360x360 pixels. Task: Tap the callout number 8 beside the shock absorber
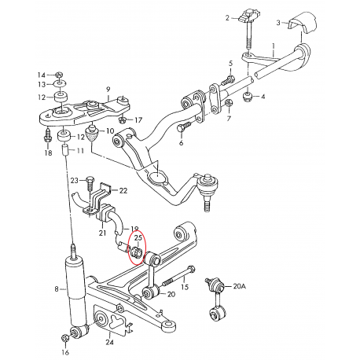click(57, 289)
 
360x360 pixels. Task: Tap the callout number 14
click(42, 74)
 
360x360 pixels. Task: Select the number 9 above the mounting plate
click(108, 89)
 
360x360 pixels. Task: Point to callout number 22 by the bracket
click(124, 190)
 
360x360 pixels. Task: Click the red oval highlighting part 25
click(138, 245)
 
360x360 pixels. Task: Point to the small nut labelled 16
click(64, 339)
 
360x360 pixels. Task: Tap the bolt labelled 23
click(90, 182)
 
